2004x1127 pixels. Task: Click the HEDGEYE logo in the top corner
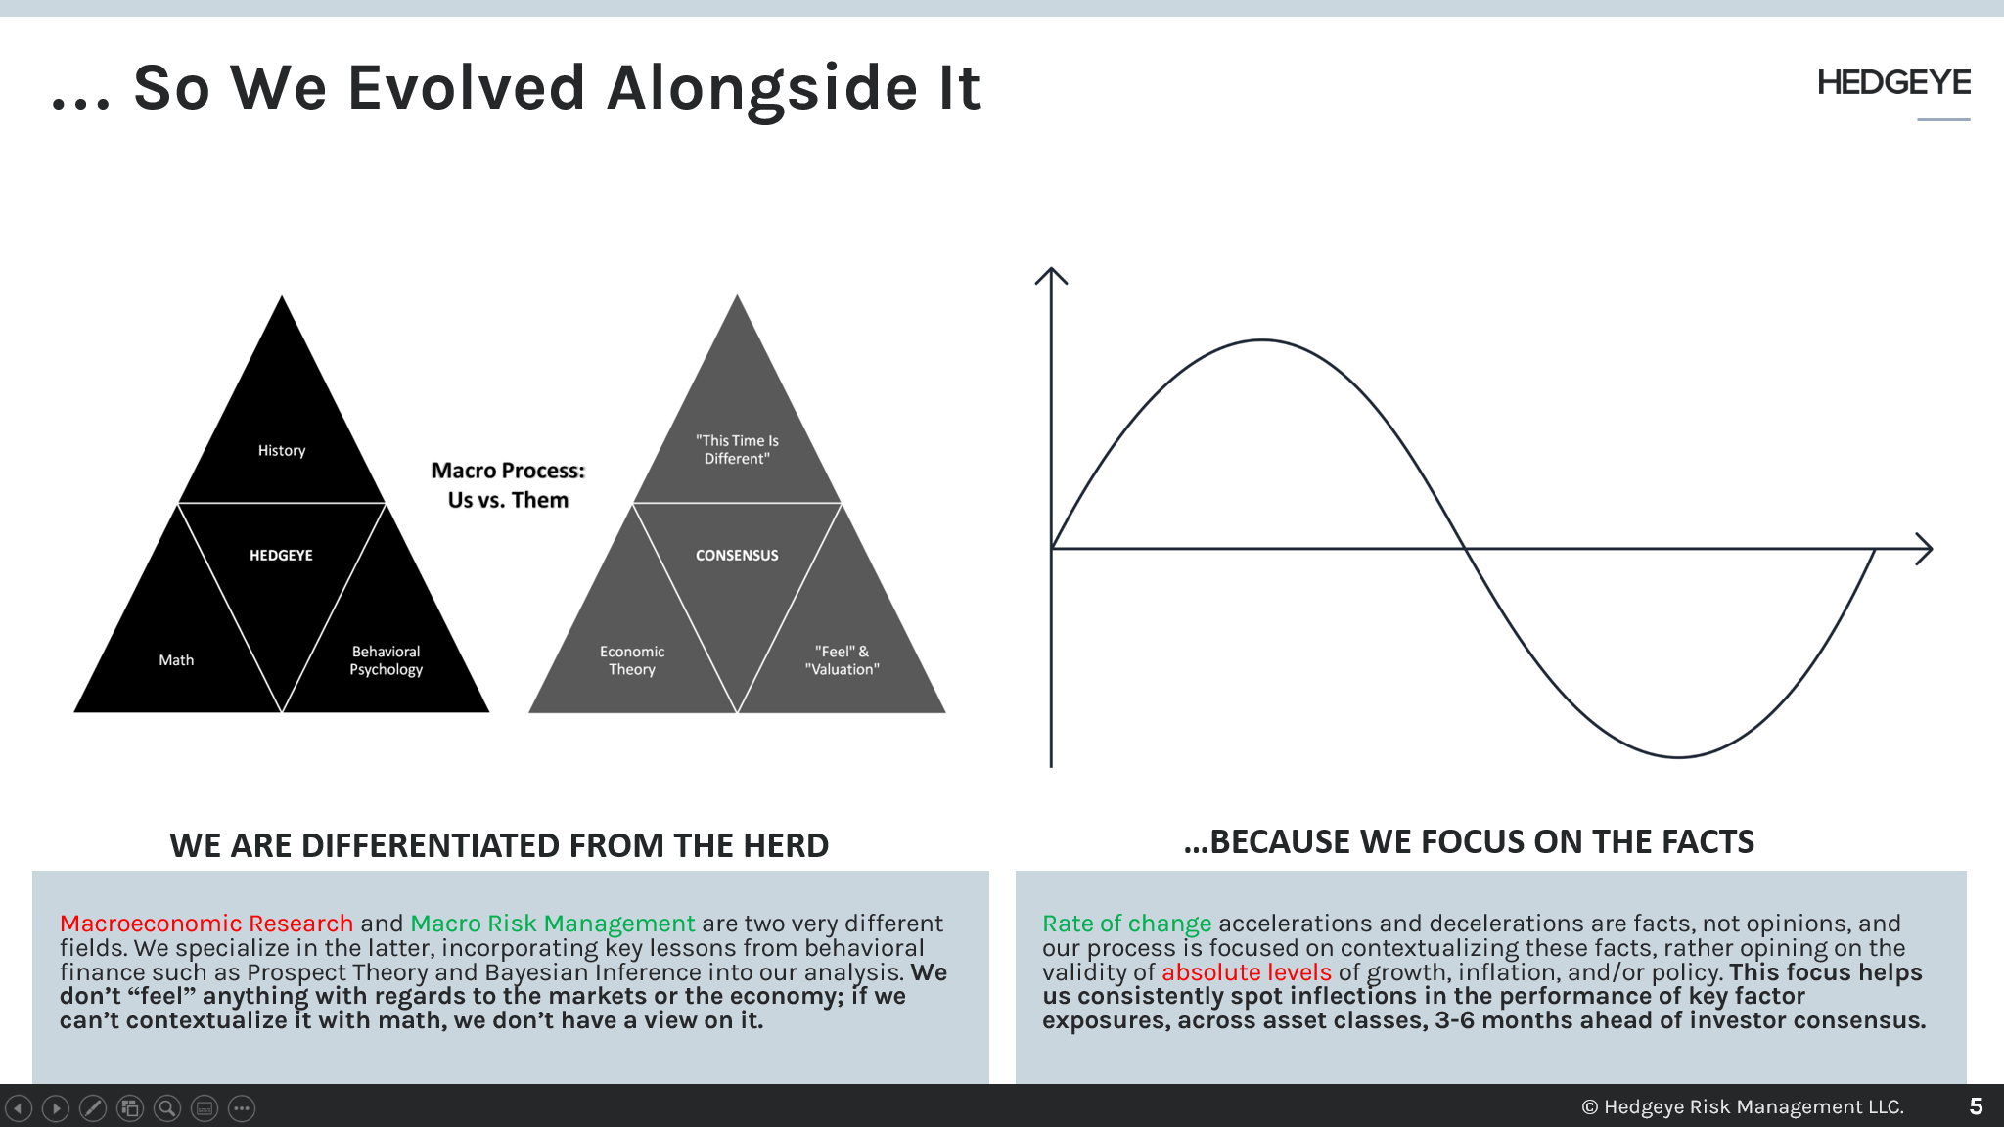[1893, 83]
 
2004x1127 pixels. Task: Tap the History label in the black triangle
[282, 450]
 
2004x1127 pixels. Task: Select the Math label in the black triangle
[176, 660]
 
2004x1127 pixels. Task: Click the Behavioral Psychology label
[387, 660]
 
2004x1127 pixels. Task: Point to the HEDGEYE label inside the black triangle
[281, 555]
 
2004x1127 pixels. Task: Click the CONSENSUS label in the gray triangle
[737, 555]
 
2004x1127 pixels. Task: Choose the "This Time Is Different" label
[737, 449]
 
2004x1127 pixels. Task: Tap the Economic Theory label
[632, 660]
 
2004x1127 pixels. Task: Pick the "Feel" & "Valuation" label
[842, 660]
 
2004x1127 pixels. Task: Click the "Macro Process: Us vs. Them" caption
[508, 485]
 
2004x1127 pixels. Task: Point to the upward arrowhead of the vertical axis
[1051, 273]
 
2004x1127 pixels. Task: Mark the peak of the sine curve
[1262, 340]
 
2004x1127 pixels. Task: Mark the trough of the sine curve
[1678, 757]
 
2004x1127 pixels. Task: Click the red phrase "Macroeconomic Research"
[206, 924]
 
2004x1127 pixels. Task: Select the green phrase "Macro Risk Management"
[553, 924]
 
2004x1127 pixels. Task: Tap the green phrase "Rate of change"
[1126, 924]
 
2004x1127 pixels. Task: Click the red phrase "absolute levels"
[1246, 972]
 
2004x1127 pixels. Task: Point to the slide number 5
[1976, 1106]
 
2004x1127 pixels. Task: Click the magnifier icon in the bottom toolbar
[167, 1108]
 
